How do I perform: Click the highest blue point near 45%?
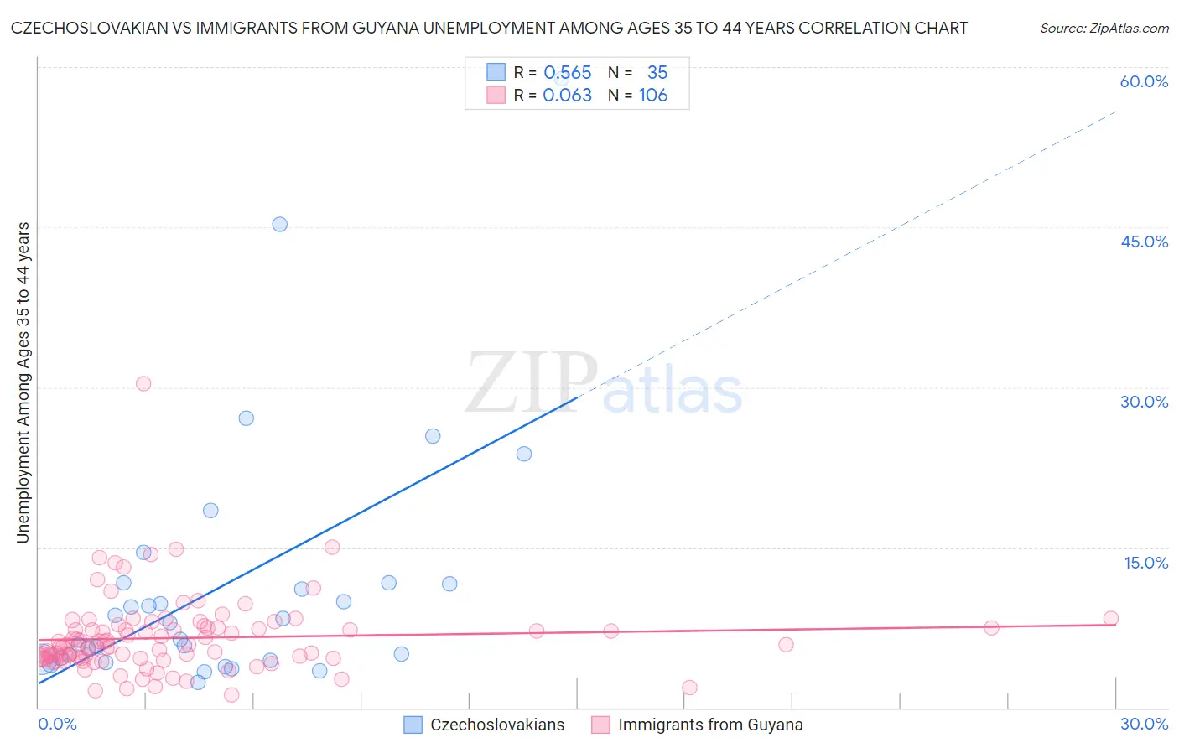[x=280, y=224]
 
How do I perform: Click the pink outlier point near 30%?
[x=143, y=383]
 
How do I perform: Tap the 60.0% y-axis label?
[x=1144, y=81]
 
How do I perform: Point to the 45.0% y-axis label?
[x=1144, y=242]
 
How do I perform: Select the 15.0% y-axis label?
[x=1145, y=563]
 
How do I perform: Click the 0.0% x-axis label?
[x=57, y=724]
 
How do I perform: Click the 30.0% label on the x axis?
[x=1144, y=724]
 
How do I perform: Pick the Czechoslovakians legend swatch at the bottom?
[x=413, y=725]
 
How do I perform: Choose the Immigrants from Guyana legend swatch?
[x=600, y=725]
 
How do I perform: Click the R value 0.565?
[x=568, y=73]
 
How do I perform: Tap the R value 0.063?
[x=568, y=96]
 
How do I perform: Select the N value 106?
[x=653, y=96]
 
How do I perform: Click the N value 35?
[x=657, y=73]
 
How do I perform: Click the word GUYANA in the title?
[x=466, y=28]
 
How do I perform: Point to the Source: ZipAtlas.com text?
[x=1104, y=28]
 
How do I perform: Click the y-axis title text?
[x=23, y=382]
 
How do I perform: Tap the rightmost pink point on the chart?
[x=1110, y=618]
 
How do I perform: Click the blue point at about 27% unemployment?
[x=246, y=418]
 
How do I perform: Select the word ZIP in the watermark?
[x=532, y=383]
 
